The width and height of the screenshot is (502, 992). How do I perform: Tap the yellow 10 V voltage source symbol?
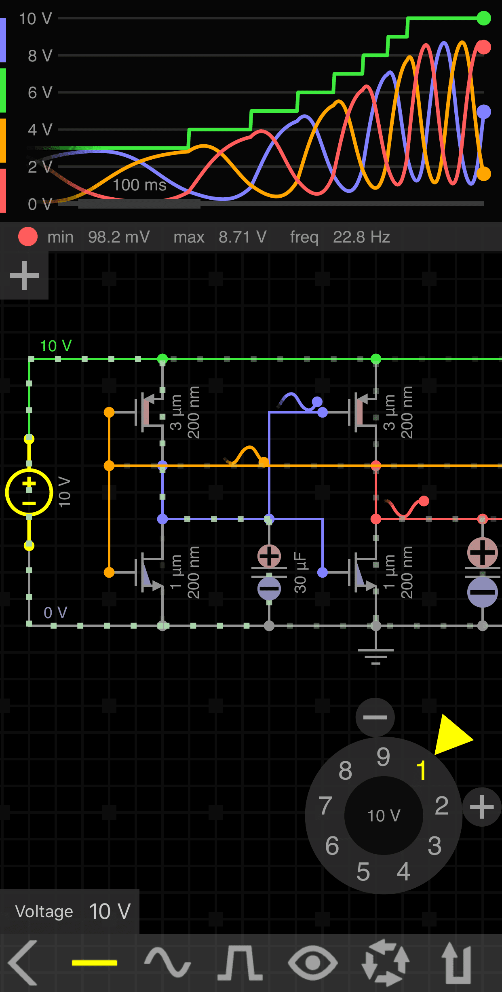click(29, 492)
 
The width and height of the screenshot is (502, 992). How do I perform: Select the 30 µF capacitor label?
click(300, 572)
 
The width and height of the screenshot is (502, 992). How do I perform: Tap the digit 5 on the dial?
click(363, 872)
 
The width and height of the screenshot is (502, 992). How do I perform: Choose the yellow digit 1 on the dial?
click(421, 770)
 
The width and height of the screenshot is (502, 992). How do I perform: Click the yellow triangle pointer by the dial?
click(452, 735)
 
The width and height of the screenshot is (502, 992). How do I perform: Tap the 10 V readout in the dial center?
click(384, 816)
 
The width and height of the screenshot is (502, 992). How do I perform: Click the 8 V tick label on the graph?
click(40, 56)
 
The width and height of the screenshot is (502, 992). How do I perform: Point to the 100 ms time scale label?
click(139, 185)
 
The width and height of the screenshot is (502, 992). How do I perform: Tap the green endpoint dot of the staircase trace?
click(483, 18)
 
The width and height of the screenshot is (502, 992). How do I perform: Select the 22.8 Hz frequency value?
click(361, 237)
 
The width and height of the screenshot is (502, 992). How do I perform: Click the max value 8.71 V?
click(242, 237)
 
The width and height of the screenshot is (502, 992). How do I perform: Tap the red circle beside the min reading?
click(28, 237)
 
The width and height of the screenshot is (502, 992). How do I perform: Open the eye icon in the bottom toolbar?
click(312, 963)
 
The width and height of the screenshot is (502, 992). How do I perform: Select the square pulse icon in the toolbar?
click(240, 963)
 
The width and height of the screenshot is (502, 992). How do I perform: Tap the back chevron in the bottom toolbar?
click(23, 963)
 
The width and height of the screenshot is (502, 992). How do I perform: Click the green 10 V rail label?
click(56, 346)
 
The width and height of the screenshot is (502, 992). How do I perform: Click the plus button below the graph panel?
click(24, 275)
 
